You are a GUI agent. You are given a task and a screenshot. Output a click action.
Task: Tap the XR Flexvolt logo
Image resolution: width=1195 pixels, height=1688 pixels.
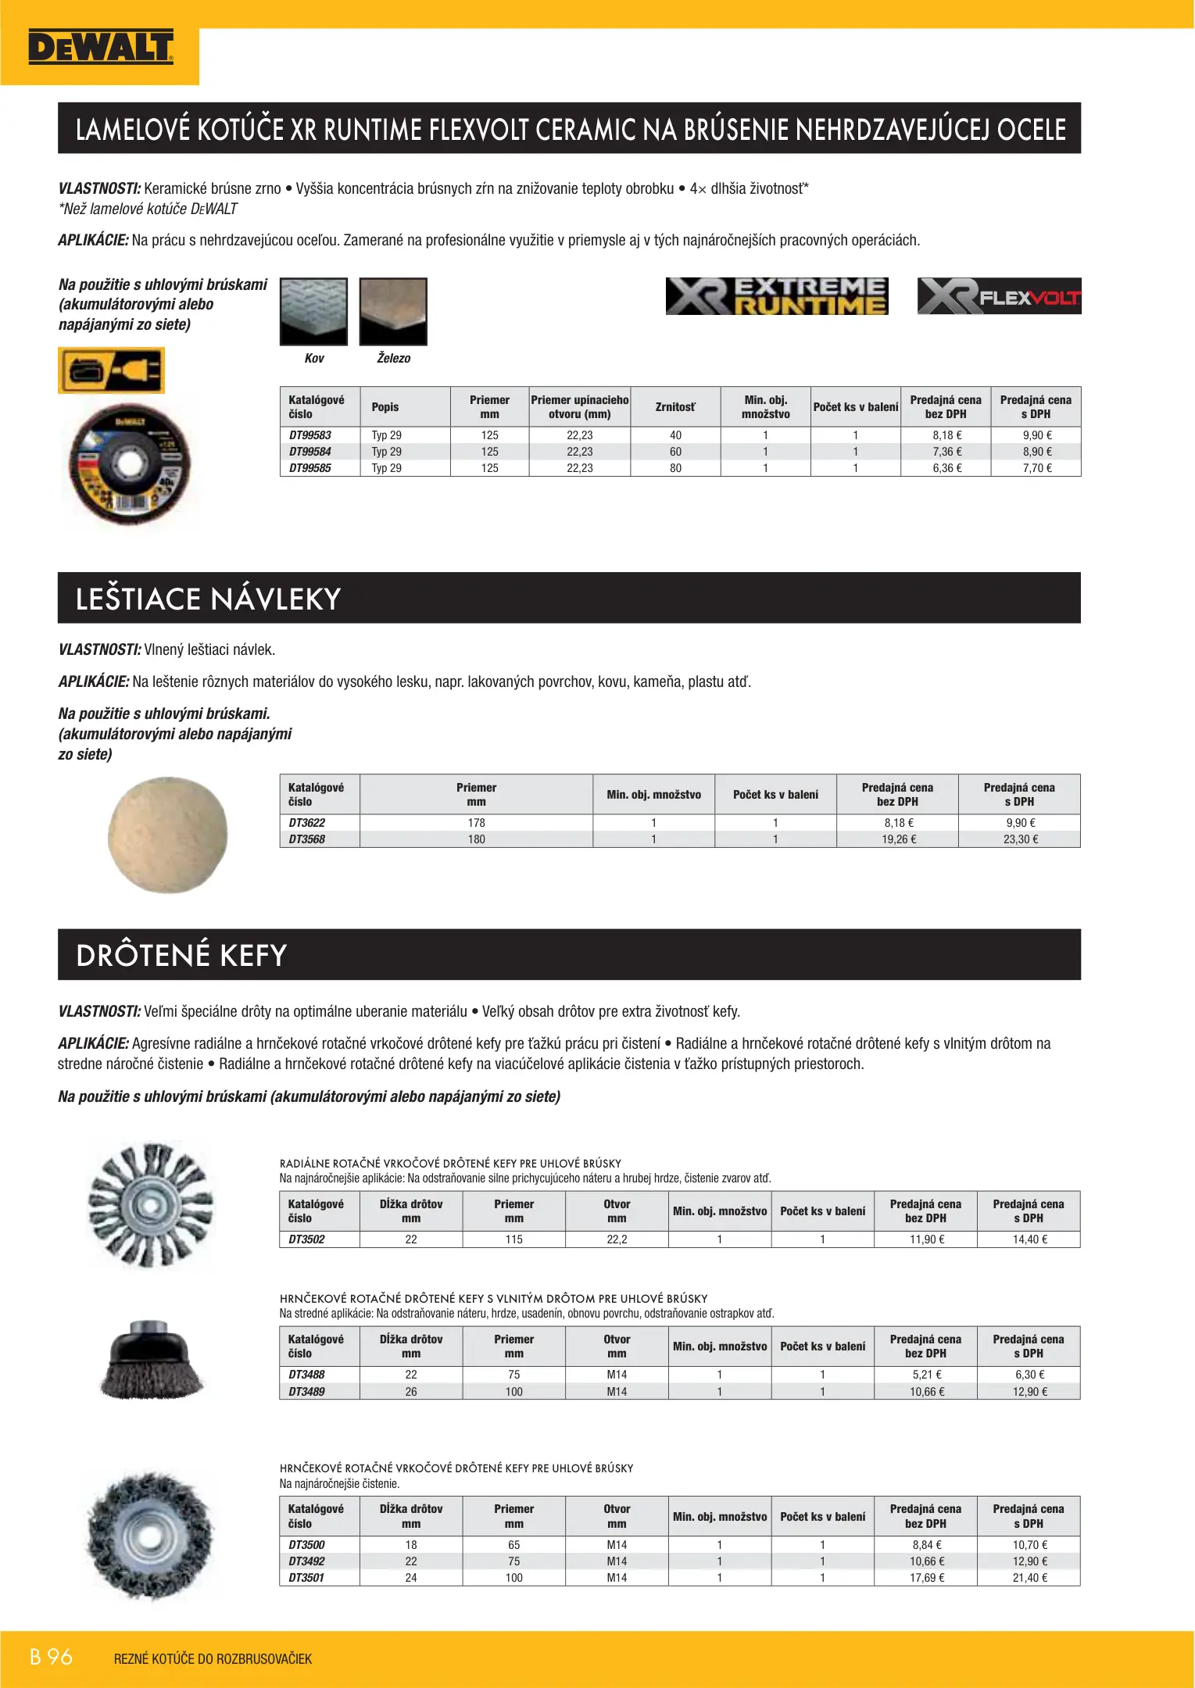coord(999,296)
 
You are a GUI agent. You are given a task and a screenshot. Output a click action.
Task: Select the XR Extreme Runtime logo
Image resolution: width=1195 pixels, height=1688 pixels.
coord(776,296)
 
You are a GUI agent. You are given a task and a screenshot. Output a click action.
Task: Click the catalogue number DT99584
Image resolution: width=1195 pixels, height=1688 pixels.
coord(310,452)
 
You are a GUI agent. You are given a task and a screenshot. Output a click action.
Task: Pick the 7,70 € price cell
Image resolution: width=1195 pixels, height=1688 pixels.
coord(1036,468)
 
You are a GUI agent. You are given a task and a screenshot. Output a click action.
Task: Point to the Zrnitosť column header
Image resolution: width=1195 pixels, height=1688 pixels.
coord(675,407)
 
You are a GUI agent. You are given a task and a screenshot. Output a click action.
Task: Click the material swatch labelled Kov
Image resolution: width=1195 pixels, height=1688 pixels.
coord(313,311)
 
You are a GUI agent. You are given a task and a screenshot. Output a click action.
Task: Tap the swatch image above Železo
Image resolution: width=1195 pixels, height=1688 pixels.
coord(393,311)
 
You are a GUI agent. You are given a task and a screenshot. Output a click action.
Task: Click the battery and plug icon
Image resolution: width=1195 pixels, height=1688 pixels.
coord(111,370)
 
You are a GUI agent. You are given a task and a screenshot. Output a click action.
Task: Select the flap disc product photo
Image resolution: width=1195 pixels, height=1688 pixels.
coord(130,463)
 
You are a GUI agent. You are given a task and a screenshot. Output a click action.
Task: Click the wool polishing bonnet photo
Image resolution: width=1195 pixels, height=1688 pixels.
coord(167,834)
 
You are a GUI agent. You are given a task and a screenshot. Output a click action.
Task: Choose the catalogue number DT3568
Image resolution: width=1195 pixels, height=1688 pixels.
coord(307,839)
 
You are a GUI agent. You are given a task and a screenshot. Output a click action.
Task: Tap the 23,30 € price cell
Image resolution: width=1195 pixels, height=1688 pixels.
coord(1020,839)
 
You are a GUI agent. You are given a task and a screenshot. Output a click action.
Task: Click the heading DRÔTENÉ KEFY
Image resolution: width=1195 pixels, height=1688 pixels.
coord(181,955)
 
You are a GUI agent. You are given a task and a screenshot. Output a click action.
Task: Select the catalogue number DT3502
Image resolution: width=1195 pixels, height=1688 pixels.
coord(307,1239)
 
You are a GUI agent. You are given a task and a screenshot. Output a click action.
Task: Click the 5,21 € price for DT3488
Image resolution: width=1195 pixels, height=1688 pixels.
coord(926,1375)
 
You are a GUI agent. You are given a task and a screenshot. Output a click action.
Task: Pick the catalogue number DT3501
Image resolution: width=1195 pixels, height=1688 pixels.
coord(307,1578)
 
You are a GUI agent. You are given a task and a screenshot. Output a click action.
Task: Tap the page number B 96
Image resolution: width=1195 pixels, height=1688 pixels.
coord(52,1657)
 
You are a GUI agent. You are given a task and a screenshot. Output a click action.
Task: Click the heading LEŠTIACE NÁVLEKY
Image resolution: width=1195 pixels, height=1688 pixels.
coord(208,599)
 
